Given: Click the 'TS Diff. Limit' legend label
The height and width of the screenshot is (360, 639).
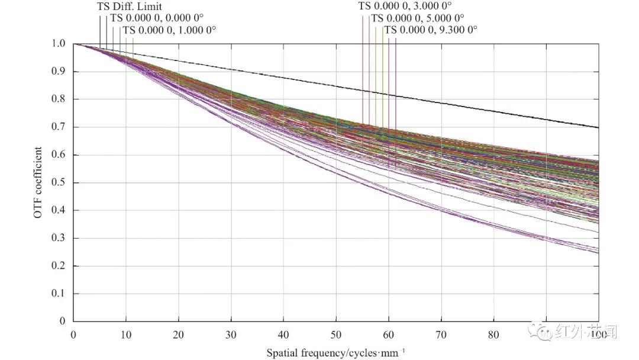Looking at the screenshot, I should pyautogui.click(x=129, y=7).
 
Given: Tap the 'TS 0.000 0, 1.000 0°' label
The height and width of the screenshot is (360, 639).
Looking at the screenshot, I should pyautogui.click(x=169, y=30).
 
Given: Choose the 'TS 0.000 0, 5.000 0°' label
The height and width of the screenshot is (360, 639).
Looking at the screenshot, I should pyautogui.click(x=418, y=18).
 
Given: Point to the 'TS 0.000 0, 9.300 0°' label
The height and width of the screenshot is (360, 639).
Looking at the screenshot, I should pyautogui.click(x=431, y=30).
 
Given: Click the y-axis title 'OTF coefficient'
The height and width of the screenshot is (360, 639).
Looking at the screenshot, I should pyautogui.click(x=37, y=183).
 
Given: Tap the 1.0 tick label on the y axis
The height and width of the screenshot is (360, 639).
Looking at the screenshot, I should pyautogui.click(x=58, y=44).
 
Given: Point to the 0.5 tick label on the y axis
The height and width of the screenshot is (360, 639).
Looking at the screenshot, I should pyautogui.click(x=58, y=183).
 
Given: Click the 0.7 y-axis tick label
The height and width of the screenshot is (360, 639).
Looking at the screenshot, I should pyautogui.click(x=58, y=127).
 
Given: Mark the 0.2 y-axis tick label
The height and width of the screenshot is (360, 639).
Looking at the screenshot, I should pyautogui.click(x=58, y=266).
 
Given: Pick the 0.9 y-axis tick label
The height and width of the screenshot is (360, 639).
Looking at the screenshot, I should pyautogui.click(x=58, y=72).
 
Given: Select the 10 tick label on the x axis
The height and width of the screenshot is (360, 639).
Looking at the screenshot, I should pyautogui.click(x=125, y=335).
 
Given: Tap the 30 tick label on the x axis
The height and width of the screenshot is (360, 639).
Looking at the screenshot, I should pyautogui.click(x=231, y=335).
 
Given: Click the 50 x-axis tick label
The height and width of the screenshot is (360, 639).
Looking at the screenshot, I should pyautogui.click(x=336, y=335).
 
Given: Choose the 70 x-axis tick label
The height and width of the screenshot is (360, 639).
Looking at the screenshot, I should pyautogui.click(x=441, y=335).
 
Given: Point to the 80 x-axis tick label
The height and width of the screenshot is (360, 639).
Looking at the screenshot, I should pyautogui.click(x=493, y=335).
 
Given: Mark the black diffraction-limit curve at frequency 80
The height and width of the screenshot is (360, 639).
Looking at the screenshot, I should pyautogui.click(x=493, y=111).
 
